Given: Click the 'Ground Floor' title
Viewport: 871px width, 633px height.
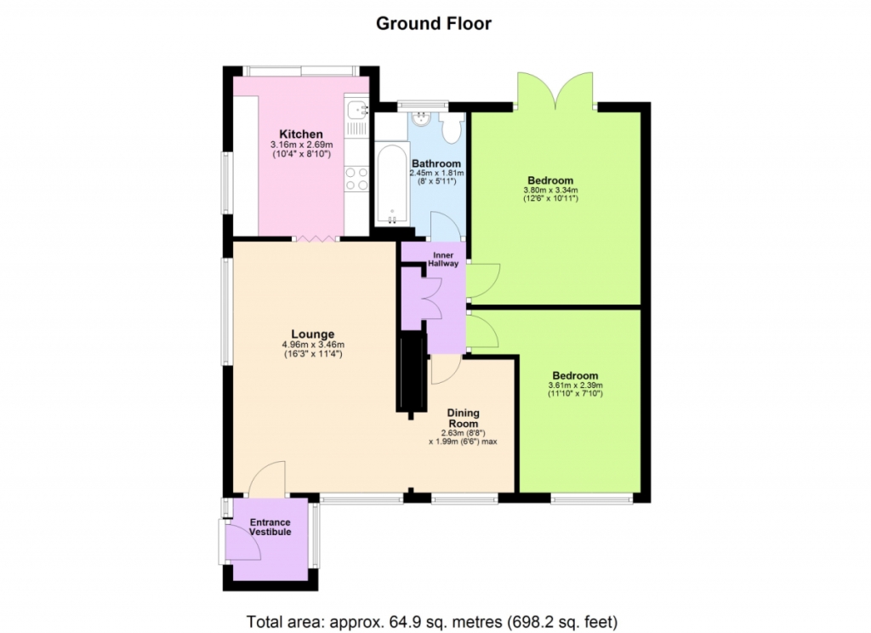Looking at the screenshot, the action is pos(433,23).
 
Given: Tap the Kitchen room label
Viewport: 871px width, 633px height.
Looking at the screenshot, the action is pos(301,134).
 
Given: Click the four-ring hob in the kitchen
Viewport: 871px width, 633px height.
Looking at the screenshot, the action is pos(356,179).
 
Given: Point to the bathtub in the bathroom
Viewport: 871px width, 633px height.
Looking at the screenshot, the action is pos(392,184).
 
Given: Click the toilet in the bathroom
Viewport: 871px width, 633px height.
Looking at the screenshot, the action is pos(451,128).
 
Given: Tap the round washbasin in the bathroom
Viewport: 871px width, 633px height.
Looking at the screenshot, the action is pos(422,117).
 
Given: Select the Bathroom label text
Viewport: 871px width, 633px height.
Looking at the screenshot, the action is pos(436,163).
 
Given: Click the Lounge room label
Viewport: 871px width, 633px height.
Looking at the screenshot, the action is pos(313,334).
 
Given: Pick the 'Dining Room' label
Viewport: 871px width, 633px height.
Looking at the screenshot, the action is pos(464,418).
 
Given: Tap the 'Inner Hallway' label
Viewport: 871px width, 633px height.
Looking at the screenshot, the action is pos(443,259).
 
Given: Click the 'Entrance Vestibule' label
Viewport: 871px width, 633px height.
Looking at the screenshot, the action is pos(270,527).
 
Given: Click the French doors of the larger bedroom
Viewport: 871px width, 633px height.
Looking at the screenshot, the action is pos(555,89).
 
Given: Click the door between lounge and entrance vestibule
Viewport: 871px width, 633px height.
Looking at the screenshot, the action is pos(266,478).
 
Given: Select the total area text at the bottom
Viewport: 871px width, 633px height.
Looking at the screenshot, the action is pos(432,621).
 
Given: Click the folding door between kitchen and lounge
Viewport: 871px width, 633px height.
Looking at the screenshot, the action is pos(316,238).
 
